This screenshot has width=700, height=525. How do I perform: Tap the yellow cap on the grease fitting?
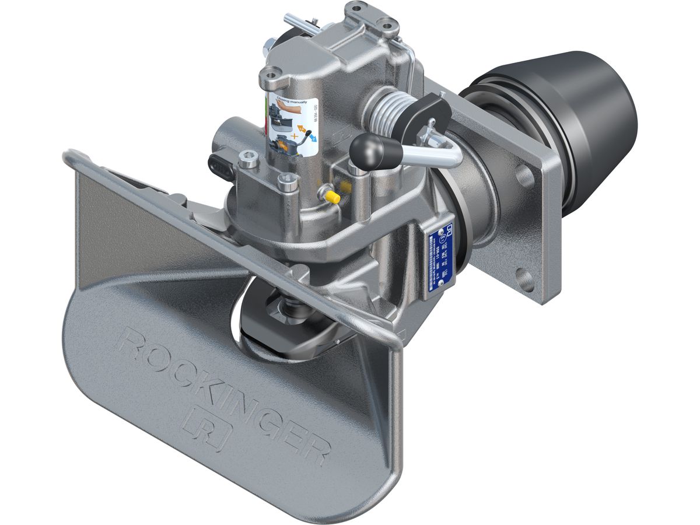tap(333, 197)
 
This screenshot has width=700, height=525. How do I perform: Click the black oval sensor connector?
tap(223, 164)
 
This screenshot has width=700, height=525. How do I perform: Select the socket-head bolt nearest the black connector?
tap(247, 158)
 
